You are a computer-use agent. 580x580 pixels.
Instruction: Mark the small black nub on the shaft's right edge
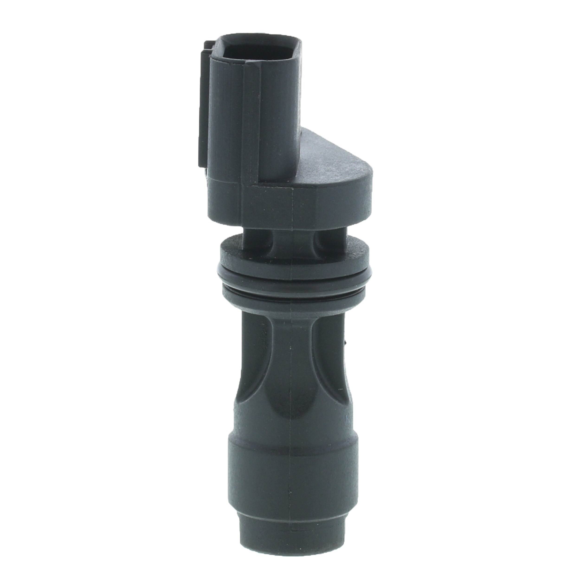[346, 342]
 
